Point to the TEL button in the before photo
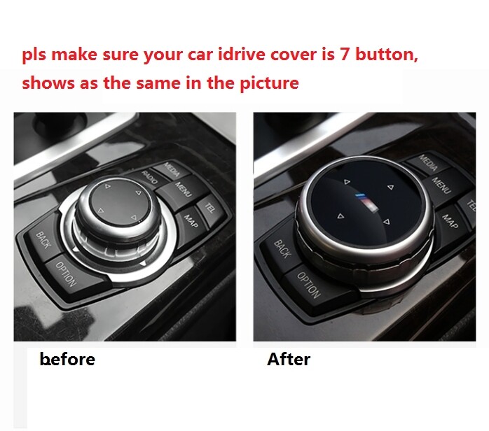[210, 207]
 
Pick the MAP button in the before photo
[191, 219]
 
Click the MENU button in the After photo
[441, 185]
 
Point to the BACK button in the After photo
[282, 248]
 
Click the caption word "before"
[67, 360]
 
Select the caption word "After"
[288, 360]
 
